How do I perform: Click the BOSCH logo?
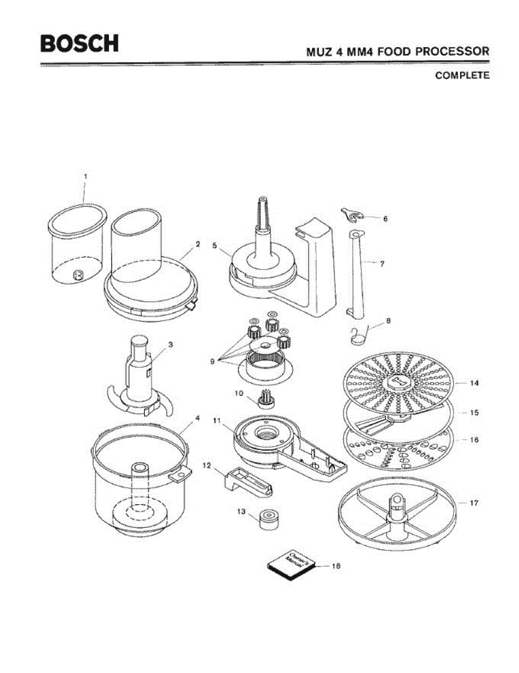pos(79,43)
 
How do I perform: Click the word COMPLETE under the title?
pos(462,75)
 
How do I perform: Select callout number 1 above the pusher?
pos(85,176)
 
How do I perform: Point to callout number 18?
pos(336,566)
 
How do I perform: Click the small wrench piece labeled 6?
pos(352,214)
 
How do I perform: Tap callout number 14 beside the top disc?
pos(474,384)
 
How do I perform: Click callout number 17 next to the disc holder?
pos(474,503)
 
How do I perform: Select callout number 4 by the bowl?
pos(198,418)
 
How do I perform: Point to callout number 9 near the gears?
pos(213,362)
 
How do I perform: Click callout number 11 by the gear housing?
pos(217,420)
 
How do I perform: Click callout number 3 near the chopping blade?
pos(170,345)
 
